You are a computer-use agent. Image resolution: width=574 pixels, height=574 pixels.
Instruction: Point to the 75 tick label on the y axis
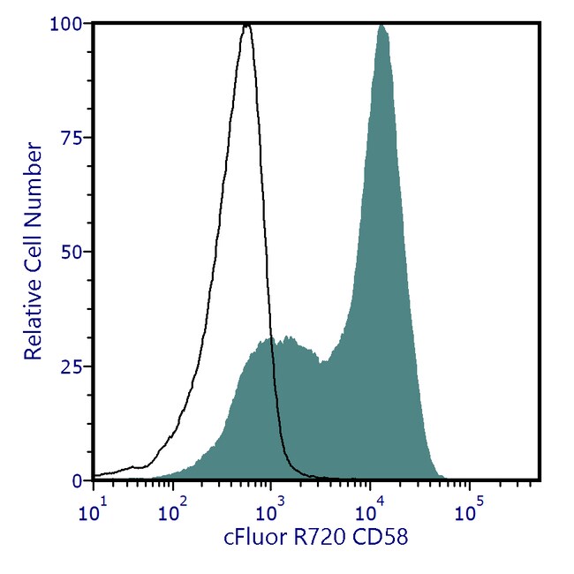76,138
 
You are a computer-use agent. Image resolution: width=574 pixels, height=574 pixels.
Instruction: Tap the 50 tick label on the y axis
76,252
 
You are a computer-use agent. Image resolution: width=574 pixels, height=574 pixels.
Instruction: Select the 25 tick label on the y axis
76,366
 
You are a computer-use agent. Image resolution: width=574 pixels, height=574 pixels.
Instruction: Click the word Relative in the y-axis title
33,327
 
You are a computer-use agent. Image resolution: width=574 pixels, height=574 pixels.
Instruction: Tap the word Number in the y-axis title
33,174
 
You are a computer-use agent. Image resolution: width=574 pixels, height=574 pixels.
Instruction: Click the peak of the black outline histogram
246,26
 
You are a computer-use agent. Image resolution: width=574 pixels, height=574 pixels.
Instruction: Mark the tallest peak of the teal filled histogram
381,26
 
